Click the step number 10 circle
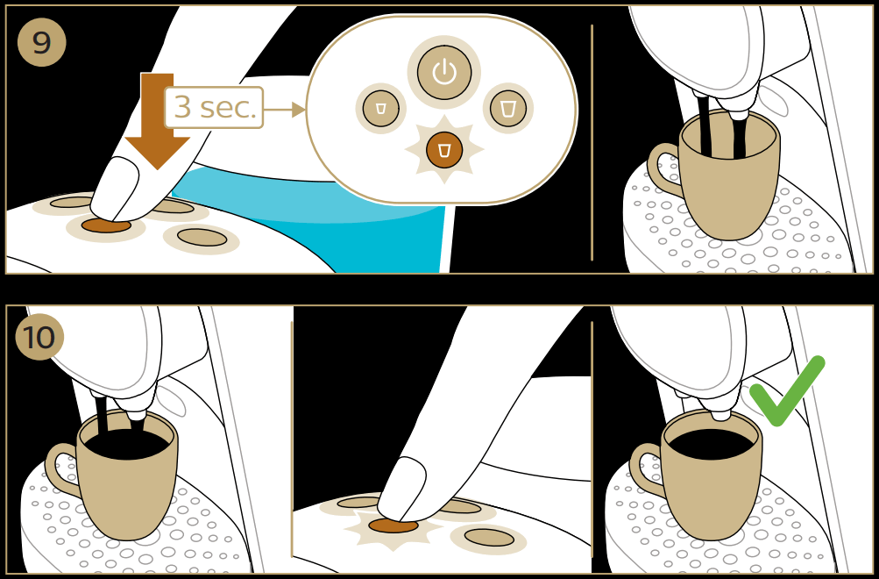coord(39,336)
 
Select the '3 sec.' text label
coord(215,107)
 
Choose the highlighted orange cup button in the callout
coord(444,150)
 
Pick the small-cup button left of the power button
coord(380,108)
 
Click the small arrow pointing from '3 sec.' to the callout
coord(286,110)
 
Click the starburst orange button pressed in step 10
coord(393,525)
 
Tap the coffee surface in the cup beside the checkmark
coord(711,442)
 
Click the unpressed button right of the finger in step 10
coord(489,537)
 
